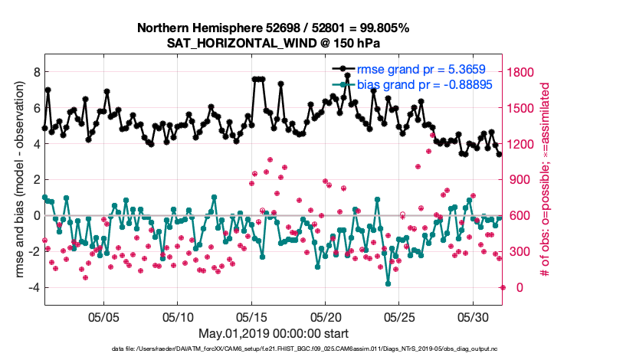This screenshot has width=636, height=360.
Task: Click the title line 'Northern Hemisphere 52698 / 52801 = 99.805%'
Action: click(x=274, y=28)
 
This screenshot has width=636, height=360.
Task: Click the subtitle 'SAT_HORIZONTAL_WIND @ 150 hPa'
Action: click(x=274, y=43)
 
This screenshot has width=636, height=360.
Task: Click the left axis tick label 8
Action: click(x=35, y=72)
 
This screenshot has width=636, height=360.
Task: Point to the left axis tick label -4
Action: click(x=33, y=288)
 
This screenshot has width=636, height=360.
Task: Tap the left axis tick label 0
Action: click(x=35, y=216)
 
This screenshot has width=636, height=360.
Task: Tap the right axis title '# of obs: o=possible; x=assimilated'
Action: click(x=546, y=180)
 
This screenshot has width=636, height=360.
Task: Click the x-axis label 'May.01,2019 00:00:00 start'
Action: click(x=274, y=333)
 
